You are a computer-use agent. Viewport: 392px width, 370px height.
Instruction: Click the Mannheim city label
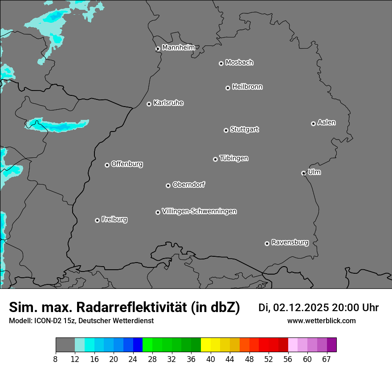tap(178, 48)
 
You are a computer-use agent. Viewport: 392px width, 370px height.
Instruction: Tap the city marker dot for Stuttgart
tap(226, 130)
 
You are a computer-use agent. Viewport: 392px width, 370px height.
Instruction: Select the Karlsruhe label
tap(168, 103)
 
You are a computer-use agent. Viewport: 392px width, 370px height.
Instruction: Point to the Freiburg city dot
tap(97, 220)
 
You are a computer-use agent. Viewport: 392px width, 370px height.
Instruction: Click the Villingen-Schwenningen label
tap(199, 211)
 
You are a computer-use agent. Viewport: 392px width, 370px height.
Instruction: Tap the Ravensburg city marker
tap(267, 243)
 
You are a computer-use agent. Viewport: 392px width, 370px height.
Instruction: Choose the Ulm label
tap(314, 172)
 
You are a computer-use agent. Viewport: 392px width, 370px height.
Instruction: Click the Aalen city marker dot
tap(313, 123)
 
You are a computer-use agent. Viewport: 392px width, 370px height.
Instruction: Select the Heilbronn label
tap(247, 87)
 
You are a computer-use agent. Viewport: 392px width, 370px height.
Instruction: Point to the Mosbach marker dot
tap(221, 63)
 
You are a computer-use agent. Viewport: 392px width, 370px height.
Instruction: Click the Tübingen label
tap(234, 158)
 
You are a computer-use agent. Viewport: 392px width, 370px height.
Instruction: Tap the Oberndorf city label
tap(188, 185)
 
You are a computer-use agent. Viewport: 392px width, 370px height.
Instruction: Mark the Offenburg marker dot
tap(107, 165)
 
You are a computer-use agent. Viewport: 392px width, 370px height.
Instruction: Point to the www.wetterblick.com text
tap(321, 321)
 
